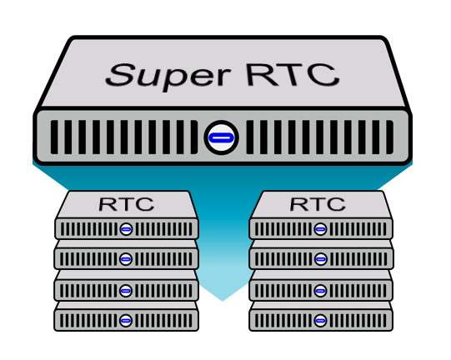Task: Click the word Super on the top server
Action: (168, 77)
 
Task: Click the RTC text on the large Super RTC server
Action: (293, 75)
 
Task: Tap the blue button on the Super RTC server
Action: (221, 137)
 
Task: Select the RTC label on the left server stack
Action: (126, 204)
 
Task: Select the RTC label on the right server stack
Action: (318, 204)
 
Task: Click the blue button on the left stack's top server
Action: (126, 229)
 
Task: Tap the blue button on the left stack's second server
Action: (125, 259)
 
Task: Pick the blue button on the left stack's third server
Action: (125, 291)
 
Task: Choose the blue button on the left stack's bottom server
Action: (125, 321)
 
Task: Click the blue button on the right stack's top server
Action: (320, 229)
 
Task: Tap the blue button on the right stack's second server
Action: (320, 259)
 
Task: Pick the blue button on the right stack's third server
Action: (320, 291)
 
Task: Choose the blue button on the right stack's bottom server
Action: (320, 321)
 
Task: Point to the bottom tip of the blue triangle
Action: (223, 301)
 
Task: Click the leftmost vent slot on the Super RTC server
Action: (54, 137)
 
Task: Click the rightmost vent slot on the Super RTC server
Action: (390, 137)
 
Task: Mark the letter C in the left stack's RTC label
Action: (145, 204)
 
